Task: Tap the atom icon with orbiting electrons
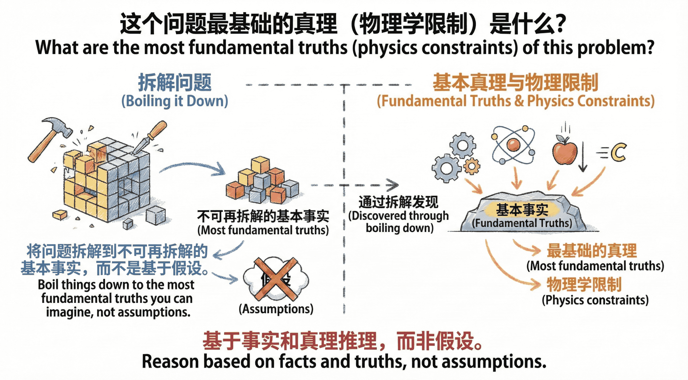[513, 145]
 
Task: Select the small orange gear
[472, 166]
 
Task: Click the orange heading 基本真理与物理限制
[516, 82]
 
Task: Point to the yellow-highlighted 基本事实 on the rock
[522, 210]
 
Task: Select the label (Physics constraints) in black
[595, 300]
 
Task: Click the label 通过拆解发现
[398, 202]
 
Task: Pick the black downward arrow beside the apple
[582, 158]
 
